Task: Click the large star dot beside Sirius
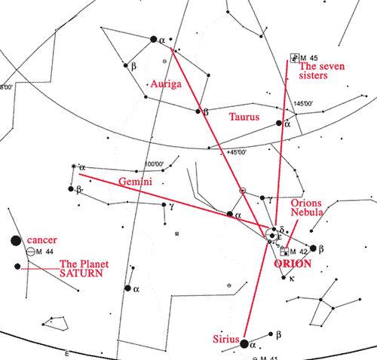click(x=244, y=343)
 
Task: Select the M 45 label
click(x=310, y=58)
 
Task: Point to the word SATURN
click(x=81, y=274)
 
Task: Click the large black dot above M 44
click(x=16, y=240)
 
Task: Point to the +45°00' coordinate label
click(x=238, y=152)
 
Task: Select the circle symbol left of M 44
click(x=31, y=252)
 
